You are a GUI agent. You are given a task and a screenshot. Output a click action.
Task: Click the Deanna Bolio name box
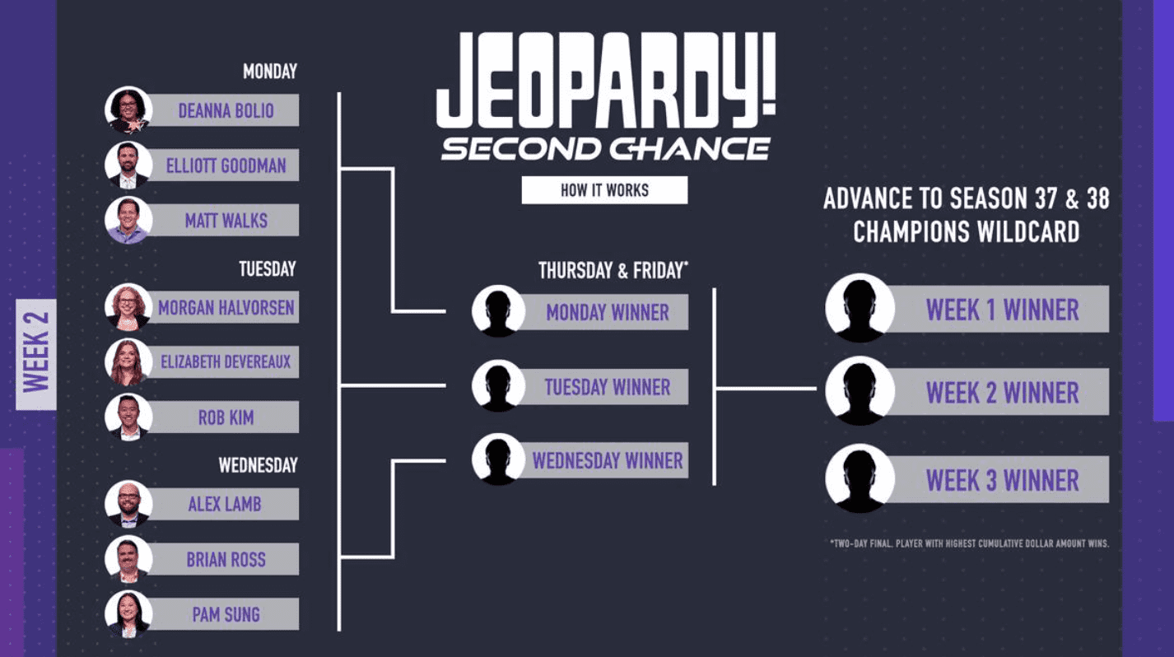click(225, 110)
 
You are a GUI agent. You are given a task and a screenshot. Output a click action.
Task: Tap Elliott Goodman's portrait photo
click(128, 165)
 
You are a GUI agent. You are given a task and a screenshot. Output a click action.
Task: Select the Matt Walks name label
click(225, 220)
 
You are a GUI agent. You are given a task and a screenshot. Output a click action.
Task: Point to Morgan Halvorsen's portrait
click(128, 307)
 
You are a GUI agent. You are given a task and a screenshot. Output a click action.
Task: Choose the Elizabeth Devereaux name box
click(225, 361)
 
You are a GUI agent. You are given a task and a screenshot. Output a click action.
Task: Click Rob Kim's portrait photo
click(128, 417)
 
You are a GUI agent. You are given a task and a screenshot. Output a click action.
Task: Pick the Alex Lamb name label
click(225, 504)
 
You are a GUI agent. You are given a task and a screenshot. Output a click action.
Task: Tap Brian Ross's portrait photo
click(128, 559)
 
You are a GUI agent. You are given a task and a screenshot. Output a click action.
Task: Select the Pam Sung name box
click(225, 614)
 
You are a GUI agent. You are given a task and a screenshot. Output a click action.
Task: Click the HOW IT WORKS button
click(604, 190)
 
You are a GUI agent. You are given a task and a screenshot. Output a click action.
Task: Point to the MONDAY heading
click(269, 72)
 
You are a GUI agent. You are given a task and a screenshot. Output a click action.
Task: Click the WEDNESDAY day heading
click(258, 465)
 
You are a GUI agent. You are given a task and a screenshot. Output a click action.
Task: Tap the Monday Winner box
click(607, 312)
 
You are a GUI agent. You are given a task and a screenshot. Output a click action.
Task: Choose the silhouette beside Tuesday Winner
click(498, 386)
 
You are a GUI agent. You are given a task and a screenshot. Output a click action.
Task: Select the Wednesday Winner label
click(607, 460)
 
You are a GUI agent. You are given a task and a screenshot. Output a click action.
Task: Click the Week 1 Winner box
click(1002, 310)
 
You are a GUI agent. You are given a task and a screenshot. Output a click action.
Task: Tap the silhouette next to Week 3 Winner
click(860, 479)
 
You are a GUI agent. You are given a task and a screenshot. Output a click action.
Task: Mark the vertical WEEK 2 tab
click(36, 354)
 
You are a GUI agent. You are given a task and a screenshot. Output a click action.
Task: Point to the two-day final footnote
click(969, 543)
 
